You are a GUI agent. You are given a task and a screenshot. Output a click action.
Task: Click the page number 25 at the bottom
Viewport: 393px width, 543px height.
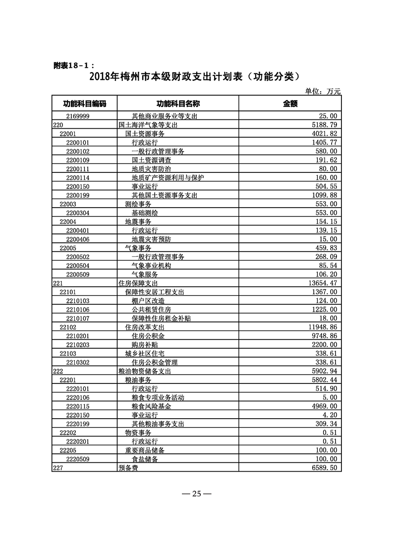coord(196,493)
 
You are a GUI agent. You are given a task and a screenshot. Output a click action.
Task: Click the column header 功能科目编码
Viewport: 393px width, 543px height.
coord(84,104)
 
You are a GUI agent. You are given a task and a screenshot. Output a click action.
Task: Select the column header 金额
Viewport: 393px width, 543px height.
coord(290,104)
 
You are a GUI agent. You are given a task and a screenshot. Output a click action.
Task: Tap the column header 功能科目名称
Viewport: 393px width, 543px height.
coord(178,104)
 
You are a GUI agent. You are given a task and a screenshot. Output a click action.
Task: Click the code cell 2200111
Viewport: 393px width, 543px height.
coord(78,169)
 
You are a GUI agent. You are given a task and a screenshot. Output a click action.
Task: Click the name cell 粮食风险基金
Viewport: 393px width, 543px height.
coord(151,406)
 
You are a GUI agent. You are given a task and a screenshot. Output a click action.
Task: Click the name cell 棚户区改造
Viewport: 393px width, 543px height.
coord(148,301)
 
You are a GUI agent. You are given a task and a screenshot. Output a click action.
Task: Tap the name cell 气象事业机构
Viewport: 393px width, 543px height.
coord(151,266)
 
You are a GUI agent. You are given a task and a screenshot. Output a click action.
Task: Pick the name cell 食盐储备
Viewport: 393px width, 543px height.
coord(145,459)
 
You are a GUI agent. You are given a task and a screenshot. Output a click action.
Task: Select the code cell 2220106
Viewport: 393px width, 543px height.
coord(78,397)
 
